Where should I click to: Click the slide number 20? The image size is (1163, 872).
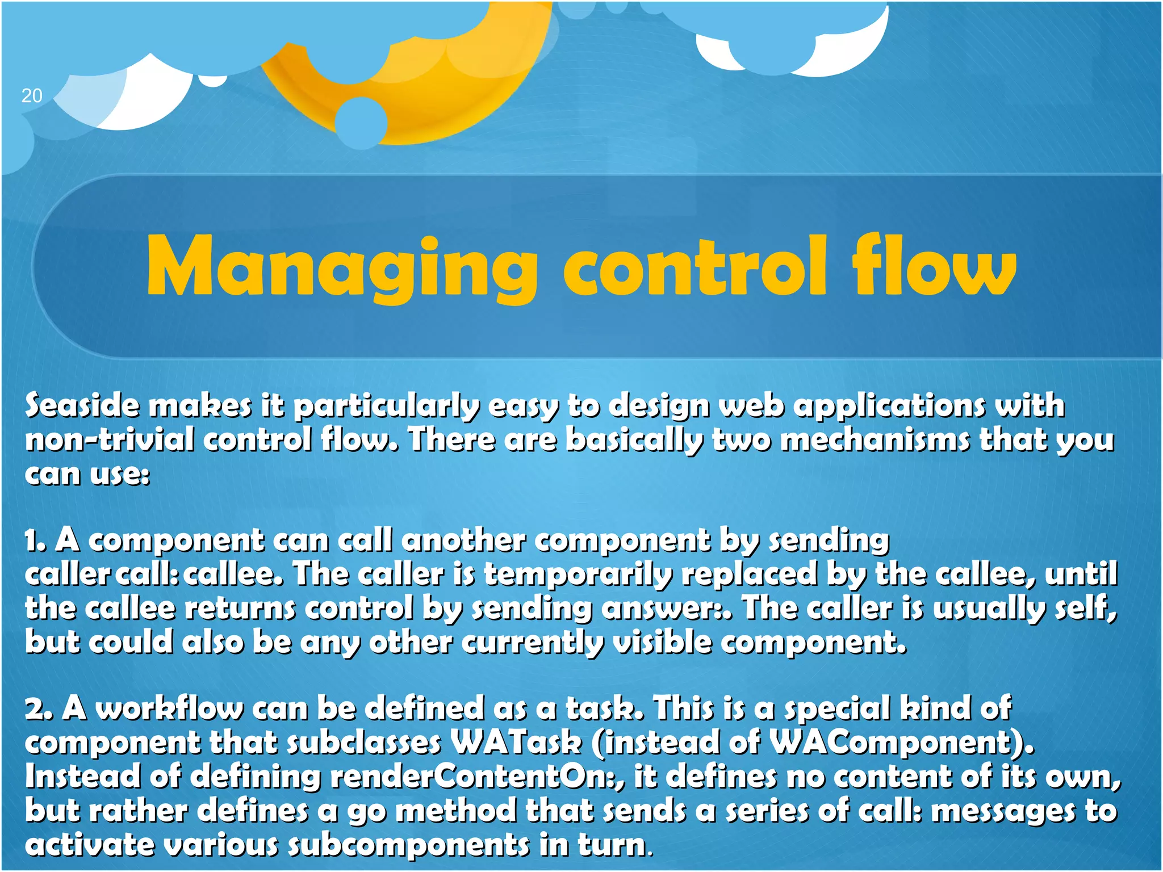(x=32, y=95)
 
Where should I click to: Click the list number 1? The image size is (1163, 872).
(x=34, y=540)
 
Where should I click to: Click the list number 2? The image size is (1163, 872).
(x=37, y=709)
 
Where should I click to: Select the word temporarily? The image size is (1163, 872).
(x=578, y=575)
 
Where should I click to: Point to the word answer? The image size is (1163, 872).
(x=662, y=609)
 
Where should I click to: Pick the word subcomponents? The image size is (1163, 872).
(x=408, y=845)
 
